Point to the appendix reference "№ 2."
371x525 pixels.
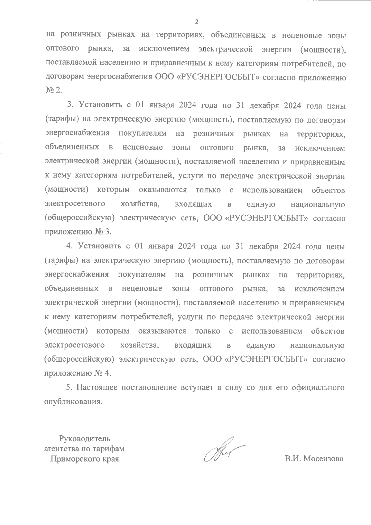click(54, 90)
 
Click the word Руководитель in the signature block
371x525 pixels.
click(84, 438)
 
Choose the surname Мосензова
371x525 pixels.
click(324, 459)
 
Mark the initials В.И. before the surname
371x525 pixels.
click(293, 459)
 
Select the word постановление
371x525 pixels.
click(149, 387)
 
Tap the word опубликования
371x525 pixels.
click(73, 402)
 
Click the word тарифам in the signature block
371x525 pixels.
click(110, 449)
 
